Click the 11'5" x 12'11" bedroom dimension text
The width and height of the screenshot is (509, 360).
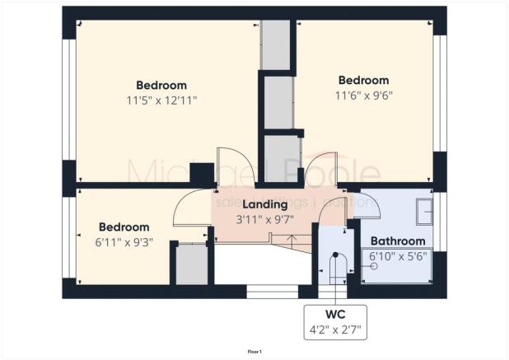161,100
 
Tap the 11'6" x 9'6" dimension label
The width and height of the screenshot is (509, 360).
363,95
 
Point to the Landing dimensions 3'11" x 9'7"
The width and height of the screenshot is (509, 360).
264,218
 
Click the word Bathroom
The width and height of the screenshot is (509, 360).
398,241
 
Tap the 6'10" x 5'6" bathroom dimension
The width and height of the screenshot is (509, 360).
398,256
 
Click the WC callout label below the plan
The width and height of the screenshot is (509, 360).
334,313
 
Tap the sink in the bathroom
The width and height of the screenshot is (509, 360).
426,210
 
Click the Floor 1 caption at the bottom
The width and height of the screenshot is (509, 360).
254,351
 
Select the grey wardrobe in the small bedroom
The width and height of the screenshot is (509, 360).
191,264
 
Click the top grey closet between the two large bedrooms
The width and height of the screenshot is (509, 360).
276,45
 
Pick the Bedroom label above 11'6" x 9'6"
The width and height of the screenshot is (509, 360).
363,80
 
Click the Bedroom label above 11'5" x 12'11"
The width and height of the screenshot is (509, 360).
161,85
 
